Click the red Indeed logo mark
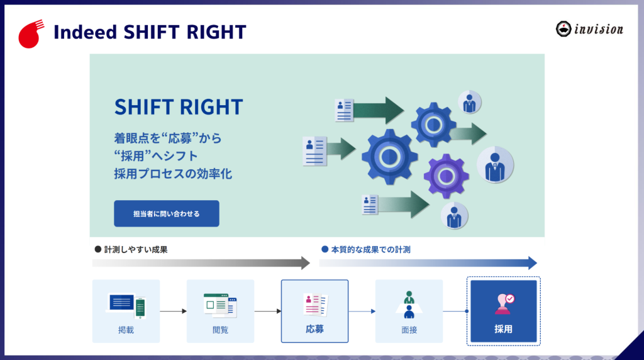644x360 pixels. coord(30,35)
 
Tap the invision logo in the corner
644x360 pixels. coord(589,29)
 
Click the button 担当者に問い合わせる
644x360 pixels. coord(166,213)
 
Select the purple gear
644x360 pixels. coord(446,176)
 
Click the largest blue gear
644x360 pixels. coord(389,157)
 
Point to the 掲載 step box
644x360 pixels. coord(126,311)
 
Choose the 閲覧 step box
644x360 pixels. coord(221,311)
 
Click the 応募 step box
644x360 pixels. coord(314,311)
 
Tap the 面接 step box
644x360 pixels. coord(409,311)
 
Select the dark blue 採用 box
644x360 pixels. coord(504,311)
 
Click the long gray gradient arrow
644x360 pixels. coord(201,263)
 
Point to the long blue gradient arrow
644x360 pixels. coord(428,263)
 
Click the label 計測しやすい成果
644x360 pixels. coord(136,249)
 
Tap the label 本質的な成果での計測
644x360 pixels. coord(370,249)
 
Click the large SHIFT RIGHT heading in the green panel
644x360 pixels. coord(179,107)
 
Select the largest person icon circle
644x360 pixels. coord(495,165)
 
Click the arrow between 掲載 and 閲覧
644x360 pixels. coord(174,311)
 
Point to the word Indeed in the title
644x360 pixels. coord(86,32)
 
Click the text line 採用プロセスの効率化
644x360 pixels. coord(173,174)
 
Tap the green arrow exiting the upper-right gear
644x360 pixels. coord(469,133)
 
